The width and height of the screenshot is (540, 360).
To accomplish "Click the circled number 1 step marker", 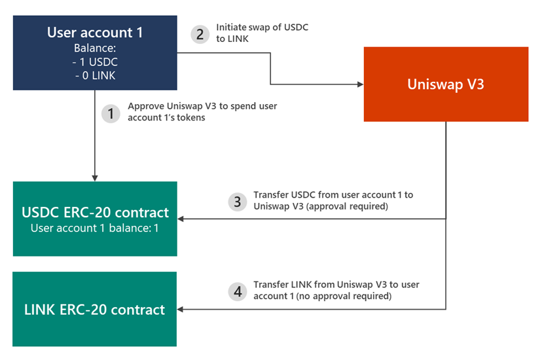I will (x=111, y=113).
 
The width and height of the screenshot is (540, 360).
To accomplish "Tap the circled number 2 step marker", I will (x=200, y=34).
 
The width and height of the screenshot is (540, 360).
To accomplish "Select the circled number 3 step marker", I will (x=238, y=202).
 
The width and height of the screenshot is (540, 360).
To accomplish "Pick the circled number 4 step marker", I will (x=238, y=291).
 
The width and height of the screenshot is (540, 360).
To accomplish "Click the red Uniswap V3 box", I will (x=446, y=84).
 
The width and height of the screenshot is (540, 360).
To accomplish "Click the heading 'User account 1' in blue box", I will (x=94, y=32).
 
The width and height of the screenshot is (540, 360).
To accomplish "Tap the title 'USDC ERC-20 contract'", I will (x=94, y=212).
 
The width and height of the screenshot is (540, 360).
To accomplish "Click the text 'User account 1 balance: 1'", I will (x=94, y=228).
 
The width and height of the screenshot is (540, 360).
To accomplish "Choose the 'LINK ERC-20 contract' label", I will (x=94, y=309).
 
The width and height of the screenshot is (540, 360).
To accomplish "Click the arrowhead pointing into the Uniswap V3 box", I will (x=360, y=84).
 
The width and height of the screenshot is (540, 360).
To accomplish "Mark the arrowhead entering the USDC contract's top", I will (x=95, y=178).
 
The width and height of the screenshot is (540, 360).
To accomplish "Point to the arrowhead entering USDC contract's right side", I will (x=181, y=219).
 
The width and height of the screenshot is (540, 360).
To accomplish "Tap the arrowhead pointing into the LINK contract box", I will (x=181, y=309).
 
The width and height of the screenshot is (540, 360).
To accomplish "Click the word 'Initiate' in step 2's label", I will (x=231, y=28).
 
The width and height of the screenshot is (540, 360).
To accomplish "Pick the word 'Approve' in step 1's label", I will (x=145, y=105).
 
